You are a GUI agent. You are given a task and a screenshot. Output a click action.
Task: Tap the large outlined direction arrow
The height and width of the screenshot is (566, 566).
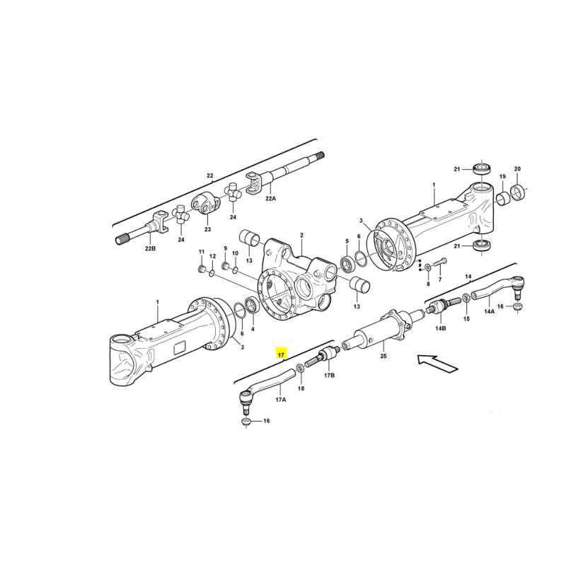437,364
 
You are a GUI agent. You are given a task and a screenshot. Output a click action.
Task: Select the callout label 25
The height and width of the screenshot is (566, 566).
383,356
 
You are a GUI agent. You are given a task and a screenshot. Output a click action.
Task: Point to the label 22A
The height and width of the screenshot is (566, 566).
271,198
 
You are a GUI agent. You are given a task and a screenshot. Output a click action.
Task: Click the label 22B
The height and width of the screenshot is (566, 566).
150,248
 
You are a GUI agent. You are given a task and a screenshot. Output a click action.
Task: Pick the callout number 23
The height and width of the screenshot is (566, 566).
207,229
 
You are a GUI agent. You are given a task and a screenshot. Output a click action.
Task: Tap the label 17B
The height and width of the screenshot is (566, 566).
329,376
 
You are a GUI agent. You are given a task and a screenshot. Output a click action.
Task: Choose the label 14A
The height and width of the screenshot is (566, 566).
489,311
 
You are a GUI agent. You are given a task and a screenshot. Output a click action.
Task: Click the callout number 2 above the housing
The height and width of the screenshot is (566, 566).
302,236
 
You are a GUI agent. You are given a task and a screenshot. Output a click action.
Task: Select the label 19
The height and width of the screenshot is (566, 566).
502,176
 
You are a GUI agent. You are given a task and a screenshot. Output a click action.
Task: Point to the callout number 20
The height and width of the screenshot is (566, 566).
517,169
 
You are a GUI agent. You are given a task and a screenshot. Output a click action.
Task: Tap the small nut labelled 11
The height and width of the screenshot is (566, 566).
202,269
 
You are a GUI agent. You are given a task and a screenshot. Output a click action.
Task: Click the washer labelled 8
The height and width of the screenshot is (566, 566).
428,267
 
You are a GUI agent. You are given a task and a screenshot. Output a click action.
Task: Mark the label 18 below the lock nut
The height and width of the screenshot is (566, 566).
301,388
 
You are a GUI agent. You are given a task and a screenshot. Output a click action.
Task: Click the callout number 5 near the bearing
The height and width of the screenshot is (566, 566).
347,241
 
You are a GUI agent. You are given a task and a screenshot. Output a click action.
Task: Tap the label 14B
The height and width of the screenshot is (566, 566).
440,328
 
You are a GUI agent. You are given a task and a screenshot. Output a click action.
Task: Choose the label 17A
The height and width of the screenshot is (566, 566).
281,400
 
